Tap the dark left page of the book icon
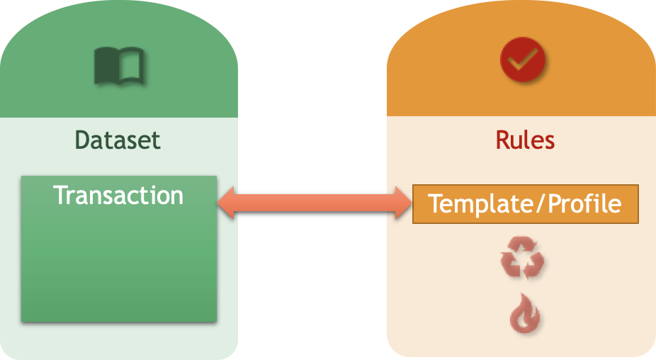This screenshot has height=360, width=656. [x=106, y=65]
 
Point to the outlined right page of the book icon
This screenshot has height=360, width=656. [x=132, y=65]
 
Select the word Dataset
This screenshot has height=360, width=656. [x=118, y=140]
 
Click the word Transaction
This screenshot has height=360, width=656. [x=118, y=195]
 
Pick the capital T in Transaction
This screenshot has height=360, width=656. [x=62, y=195]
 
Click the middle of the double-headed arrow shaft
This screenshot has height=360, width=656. [x=315, y=204]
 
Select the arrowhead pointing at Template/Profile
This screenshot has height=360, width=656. [x=402, y=204]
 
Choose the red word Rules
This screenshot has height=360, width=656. [x=525, y=140]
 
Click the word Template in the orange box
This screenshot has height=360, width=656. [x=475, y=204]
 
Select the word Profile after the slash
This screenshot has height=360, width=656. [x=585, y=204]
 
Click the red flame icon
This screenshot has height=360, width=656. [x=525, y=313]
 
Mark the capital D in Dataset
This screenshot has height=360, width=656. [x=82, y=140]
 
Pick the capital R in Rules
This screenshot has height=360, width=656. [x=502, y=140]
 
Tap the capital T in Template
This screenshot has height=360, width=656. [x=436, y=204]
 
